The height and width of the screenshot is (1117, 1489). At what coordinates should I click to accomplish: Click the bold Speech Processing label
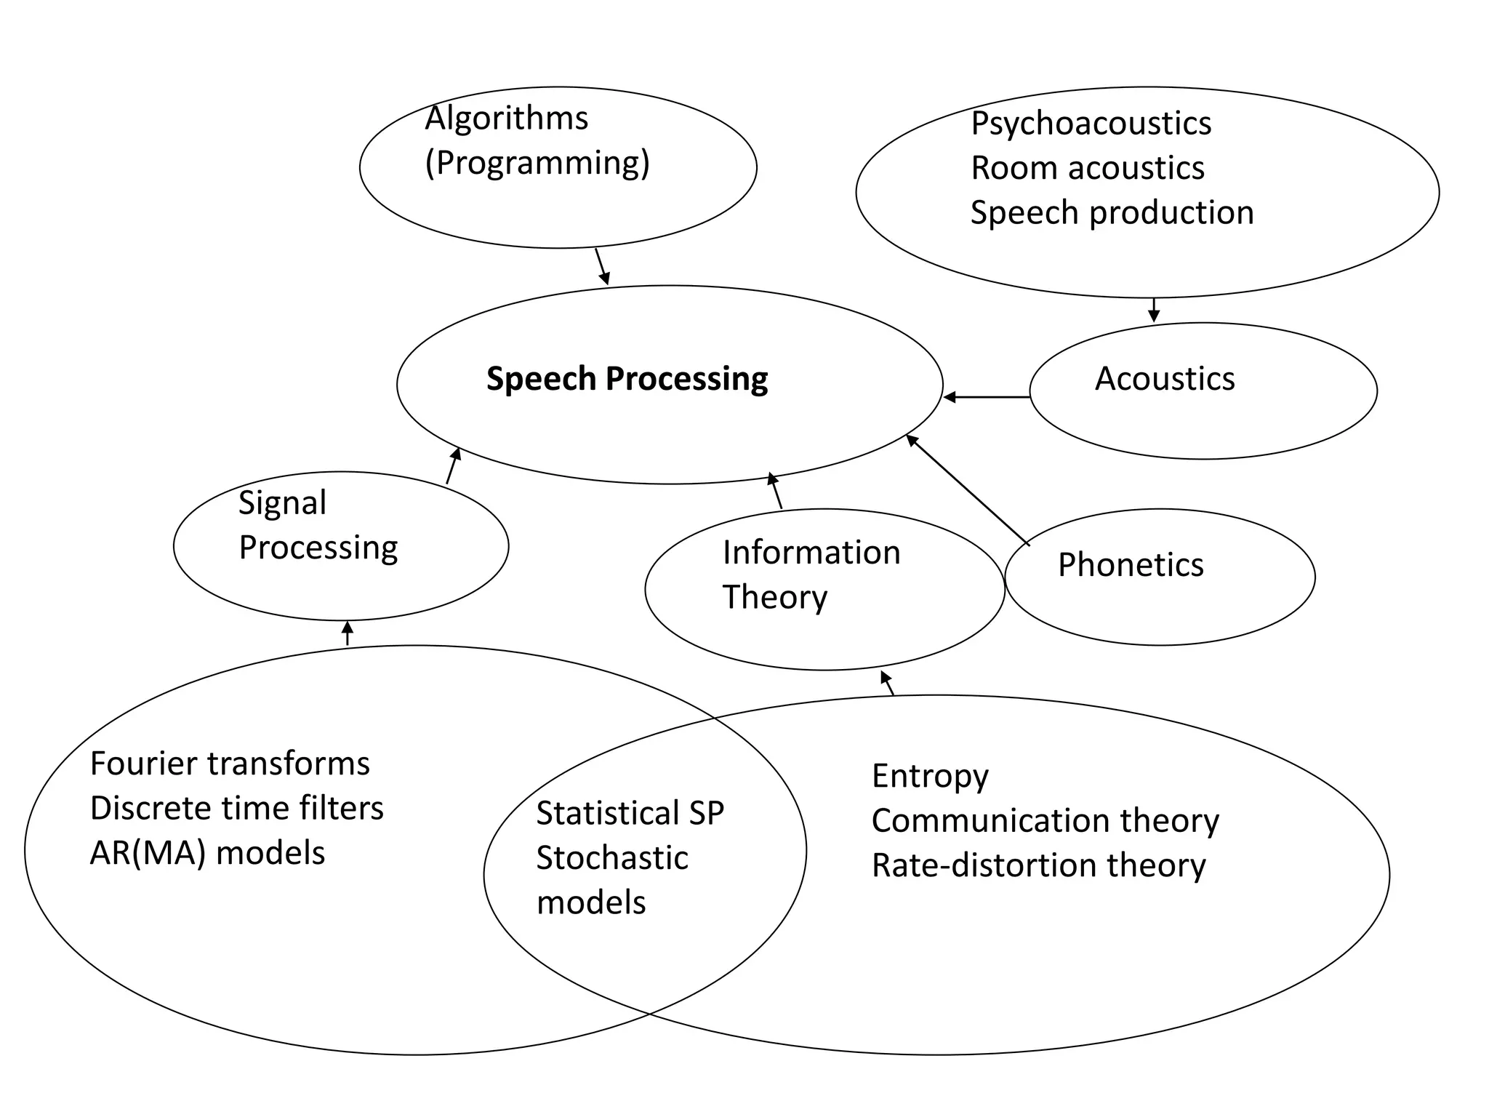pyautogui.click(x=627, y=379)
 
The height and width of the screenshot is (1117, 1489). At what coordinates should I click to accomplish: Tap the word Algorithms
pyautogui.click(x=506, y=119)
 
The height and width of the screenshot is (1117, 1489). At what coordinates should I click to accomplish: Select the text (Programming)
pyautogui.click(x=537, y=163)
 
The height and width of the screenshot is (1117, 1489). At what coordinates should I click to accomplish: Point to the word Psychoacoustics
pyautogui.click(x=1091, y=123)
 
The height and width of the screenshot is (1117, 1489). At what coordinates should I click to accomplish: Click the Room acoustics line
pyautogui.click(x=1087, y=168)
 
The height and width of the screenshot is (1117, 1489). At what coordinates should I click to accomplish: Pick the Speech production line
pyautogui.click(x=1112, y=213)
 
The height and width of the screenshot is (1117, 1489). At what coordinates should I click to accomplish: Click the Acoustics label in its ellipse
pyautogui.click(x=1165, y=379)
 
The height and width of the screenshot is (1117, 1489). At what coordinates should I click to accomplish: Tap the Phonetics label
pyautogui.click(x=1131, y=565)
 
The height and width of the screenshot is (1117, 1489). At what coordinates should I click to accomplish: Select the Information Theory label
pyautogui.click(x=811, y=574)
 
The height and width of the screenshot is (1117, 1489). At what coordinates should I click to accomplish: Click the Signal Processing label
pyautogui.click(x=318, y=525)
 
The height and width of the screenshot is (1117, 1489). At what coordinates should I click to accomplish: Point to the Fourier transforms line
pyautogui.click(x=230, y=764)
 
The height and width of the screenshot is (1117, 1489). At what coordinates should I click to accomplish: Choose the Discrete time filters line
pyautogui.click(x=236, y=808)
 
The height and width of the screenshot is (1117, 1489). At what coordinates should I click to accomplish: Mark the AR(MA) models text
pyautogui.click(x=207, y=853)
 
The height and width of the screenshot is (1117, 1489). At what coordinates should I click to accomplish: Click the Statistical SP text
pyautogui.click(x=630, y=813)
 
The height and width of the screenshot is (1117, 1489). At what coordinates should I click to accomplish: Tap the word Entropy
pyautogui.click(x=930, y=776)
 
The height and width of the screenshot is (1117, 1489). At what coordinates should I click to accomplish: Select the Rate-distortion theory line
pyautogui.click(x=1038, y=865)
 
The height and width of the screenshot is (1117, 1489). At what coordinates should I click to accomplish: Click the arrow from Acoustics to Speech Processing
pyautogui.click(x=986, y=397)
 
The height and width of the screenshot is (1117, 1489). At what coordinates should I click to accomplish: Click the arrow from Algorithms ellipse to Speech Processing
pyautogui.click(x=602, y=266)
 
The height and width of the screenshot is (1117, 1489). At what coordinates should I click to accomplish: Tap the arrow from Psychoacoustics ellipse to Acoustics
pyautogui.click(x=1153, y=310)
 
